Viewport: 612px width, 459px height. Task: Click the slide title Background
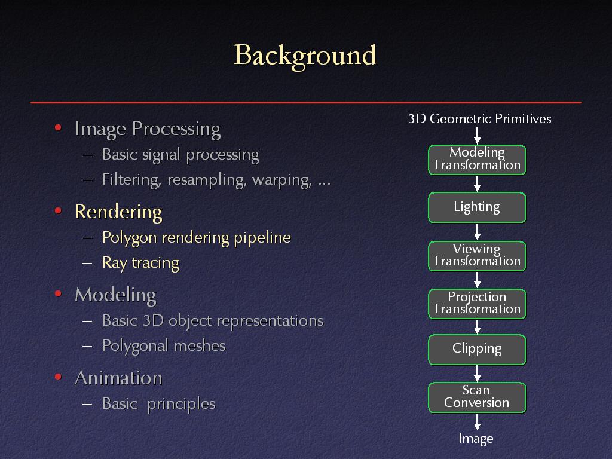tap(305, 56)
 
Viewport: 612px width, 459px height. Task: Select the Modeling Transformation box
tap(477, 160)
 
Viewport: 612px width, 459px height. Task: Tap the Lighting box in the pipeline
tap(477, 207)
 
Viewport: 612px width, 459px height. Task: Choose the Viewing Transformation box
tap(477, 256)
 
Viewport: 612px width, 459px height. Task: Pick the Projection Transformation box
tap(477, 304)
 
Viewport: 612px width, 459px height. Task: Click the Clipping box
tap(477, 350)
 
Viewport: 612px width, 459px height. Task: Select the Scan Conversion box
tap(477, 397)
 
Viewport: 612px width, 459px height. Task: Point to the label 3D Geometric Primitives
tap(479, 119)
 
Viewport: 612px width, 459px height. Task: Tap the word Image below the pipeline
tap(476, 439)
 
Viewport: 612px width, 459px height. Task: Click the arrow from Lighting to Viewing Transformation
tap(477, 232)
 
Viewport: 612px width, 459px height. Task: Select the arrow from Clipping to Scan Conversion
tap(477, 374)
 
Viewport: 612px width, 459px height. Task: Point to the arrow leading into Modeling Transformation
tap(477, 136)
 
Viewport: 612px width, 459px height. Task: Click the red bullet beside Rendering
tap(58, 211)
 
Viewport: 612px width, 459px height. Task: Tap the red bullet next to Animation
tap(58, 377)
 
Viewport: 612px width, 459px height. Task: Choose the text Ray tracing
tap(140, 264)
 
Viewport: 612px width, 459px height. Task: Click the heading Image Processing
tap(148, 129)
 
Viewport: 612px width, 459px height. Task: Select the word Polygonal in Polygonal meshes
tap(135, 346)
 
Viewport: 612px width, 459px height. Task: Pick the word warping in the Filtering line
tap(282, 180)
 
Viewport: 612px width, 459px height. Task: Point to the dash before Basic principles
tap(87, 404)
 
